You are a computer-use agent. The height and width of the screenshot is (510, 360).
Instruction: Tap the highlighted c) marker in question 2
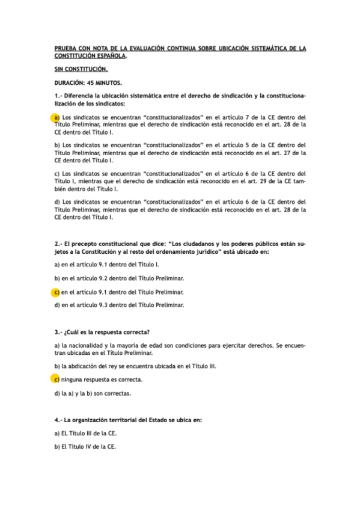(x=56, y=292)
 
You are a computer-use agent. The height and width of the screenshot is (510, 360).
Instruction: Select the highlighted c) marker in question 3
(x=56, y=380)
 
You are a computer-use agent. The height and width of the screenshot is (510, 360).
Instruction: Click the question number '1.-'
(x=58, y=96)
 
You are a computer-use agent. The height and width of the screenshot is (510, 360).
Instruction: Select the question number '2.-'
(x=58, y=244)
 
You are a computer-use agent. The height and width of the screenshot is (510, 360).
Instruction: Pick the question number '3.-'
(x=58, y=331)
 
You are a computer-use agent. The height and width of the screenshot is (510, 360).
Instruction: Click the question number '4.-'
(x=58, y=419)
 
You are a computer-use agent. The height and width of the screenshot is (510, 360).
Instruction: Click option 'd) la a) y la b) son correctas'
(x=93, y=393)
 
